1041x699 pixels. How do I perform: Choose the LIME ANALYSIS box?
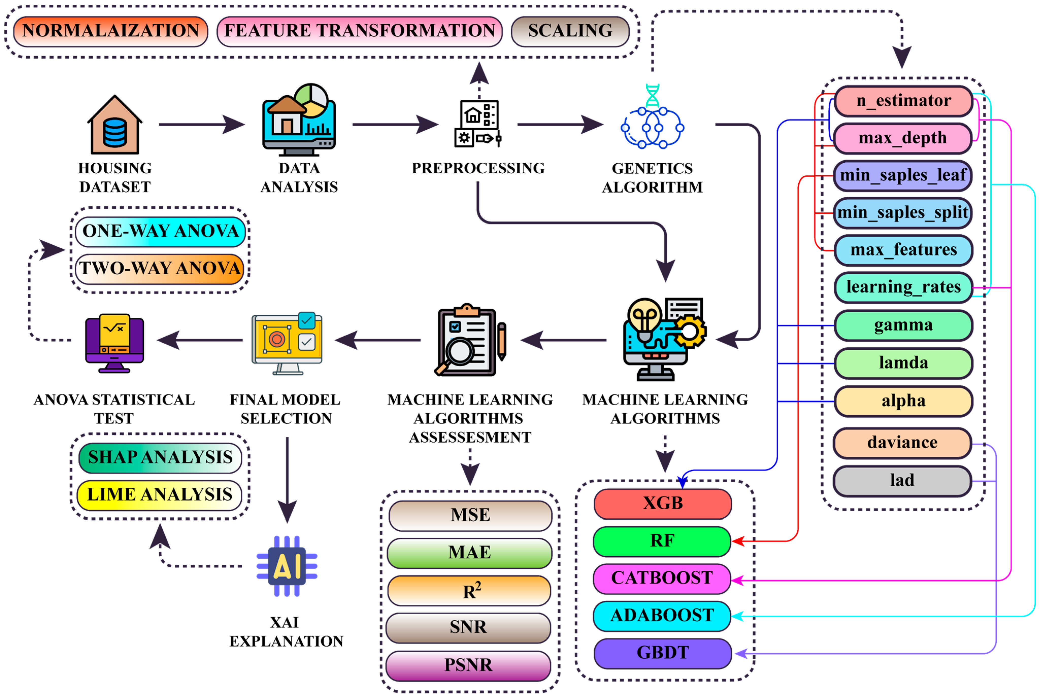pyautogui.click(x=160, y=495)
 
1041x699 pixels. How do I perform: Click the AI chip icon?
pyautogui.click(x=287, y=566)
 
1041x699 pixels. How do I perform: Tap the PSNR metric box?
pyautogui.click(x=468, y=665)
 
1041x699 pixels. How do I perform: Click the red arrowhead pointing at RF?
pyautogui.click(x=738, y=541)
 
